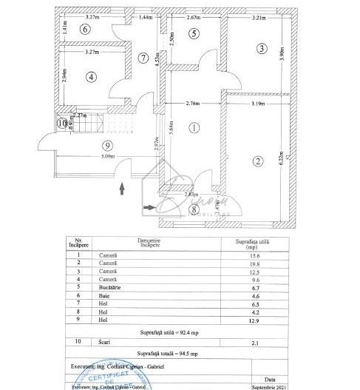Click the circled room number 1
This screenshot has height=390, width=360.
tap(194, 127)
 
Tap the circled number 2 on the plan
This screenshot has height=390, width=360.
tap(257, 161)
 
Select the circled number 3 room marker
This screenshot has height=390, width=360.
tap(261, 49)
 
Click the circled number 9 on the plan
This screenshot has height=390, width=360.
tap(108, 145)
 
